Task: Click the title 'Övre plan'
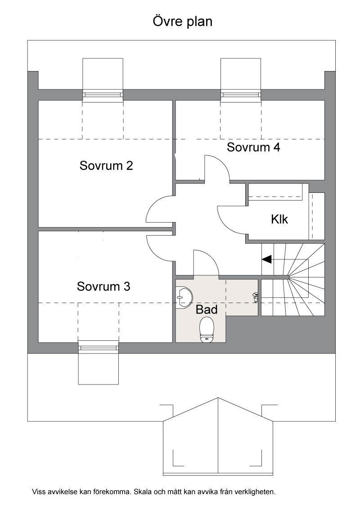(x=183, y=22)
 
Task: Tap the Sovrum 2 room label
(x=106, y=165)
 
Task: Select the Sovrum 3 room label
(x=103, y=286)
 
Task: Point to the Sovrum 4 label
(x=253, y=147)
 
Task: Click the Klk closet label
(x=279, y=219)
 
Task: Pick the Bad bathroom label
(x=207, y=309)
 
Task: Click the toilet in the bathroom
(x=207, y=330)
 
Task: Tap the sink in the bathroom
(x=184, y=297)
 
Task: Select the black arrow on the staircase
(x=267, y=259)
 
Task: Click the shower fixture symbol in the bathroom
(x=256, y=297)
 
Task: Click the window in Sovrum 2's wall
(x=103, y=95)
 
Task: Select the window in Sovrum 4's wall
(x=241, y=95)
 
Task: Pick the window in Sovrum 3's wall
(x=99, y=348)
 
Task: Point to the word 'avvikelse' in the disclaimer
(x=63, y=492)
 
